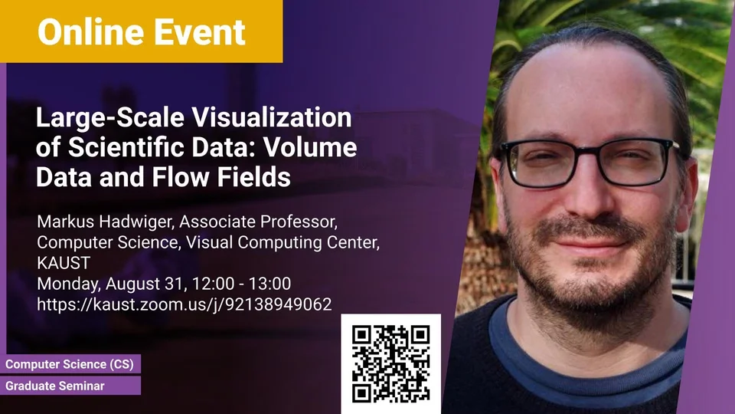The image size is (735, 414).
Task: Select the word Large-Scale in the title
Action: (x=109, y=118)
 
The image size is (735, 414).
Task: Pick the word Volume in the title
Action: (x=310, y=147)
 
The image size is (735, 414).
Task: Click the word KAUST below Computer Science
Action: (x=64, y=263)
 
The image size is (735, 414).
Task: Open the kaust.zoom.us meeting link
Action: (x=185, y=304)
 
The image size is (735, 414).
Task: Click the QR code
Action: (x=391, y=363)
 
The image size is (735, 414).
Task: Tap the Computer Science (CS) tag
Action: (x=70, y=364)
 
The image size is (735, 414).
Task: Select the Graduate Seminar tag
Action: (x=70, y=386)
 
